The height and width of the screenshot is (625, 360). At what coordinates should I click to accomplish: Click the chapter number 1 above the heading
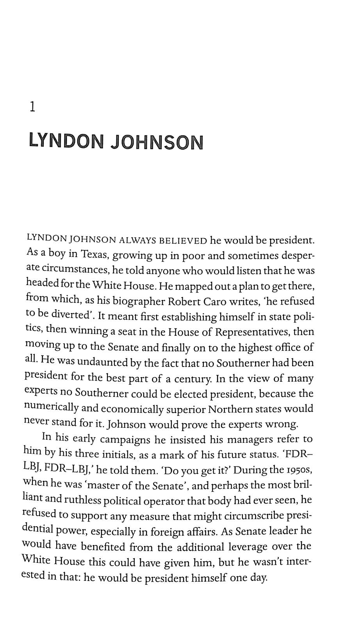point(33,107)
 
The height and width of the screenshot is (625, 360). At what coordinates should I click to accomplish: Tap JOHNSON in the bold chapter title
point(157,142)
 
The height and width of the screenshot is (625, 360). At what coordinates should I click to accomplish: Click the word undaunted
point(102,362)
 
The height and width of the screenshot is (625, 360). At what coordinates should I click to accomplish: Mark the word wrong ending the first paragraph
point(281,424)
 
